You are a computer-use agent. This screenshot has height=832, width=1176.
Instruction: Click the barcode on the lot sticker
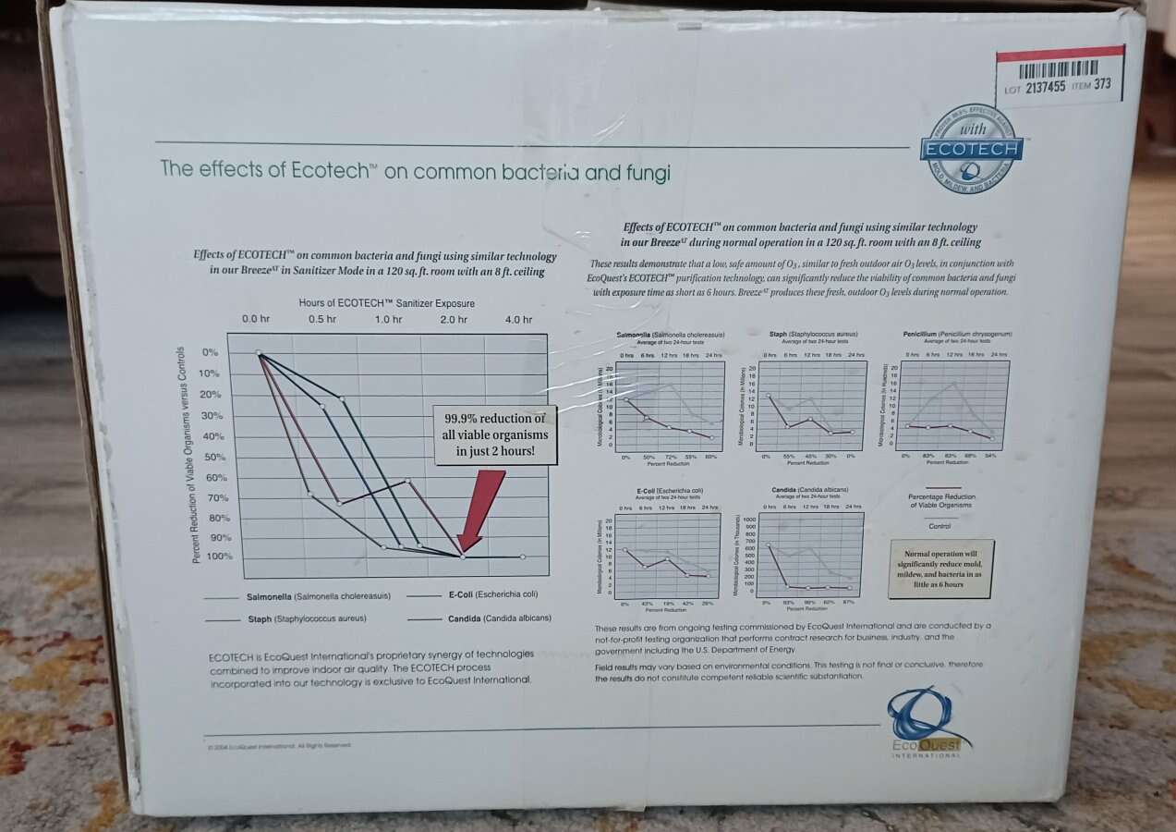[x=1058, y=69]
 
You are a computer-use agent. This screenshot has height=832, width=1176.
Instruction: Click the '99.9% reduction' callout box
[x=494, y=434]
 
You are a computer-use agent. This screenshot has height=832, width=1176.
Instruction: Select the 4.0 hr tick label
[x=518, y=320]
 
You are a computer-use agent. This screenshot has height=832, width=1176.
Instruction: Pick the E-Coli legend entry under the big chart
[x=492, y=595]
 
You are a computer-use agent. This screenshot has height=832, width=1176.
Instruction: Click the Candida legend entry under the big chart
[x=500, y=618]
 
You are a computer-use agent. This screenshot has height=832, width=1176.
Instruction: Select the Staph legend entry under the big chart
[x=306, y=618]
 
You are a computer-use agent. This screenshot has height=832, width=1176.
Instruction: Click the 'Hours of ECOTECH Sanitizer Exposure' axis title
[x=386, y=303]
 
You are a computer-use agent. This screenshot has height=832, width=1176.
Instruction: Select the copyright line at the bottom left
[x=280, y=745]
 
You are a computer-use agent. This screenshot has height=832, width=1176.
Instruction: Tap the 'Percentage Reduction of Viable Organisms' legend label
[x=940, y=501]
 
